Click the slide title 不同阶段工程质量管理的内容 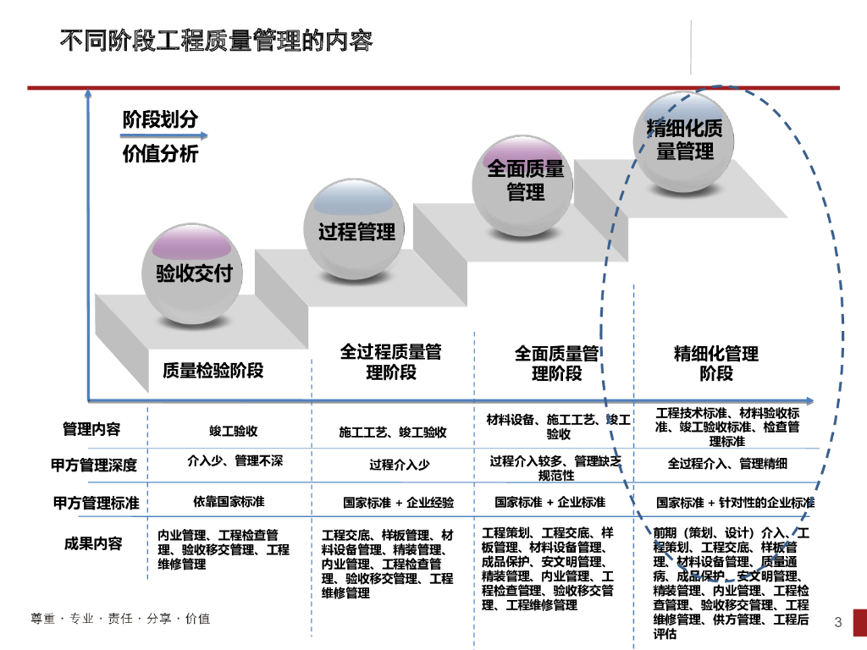(216, 41)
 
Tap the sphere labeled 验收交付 (193, 273)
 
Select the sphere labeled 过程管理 (356, 230)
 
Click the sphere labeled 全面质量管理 (525, 179)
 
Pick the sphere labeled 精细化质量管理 (685, 140)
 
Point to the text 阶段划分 (160, 119)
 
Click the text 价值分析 (160, 154)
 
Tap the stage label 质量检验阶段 (213, 370)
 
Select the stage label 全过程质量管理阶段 (390, 361)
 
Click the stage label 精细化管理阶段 (715, 363)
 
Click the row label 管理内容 (91, 430)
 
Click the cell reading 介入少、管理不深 (235, 461)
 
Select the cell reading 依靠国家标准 (228, 501)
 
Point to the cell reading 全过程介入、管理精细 (727, 463)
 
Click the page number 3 (838, 624)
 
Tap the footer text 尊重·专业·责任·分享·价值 (119, 619)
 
